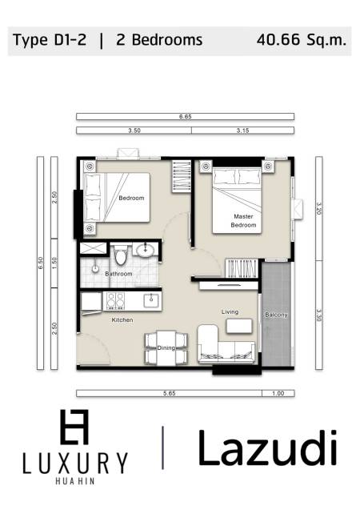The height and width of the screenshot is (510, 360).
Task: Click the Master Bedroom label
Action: [244, 221]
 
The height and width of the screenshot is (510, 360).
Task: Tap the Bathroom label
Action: [118, 274]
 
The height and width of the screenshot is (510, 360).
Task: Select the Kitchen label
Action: [122, 320]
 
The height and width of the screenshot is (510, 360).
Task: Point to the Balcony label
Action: [276, 315]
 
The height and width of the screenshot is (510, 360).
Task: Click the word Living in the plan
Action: [230, 312]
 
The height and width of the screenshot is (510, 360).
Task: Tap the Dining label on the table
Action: [166, 348]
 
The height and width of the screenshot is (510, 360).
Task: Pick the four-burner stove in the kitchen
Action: [114, 300]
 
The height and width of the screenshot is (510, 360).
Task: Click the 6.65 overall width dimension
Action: [186, 117]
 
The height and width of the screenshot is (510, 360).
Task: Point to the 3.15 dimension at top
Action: [243, 130]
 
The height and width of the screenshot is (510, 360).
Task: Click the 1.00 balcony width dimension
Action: [277, 393]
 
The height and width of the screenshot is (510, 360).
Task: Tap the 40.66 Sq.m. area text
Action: [302, 39]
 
